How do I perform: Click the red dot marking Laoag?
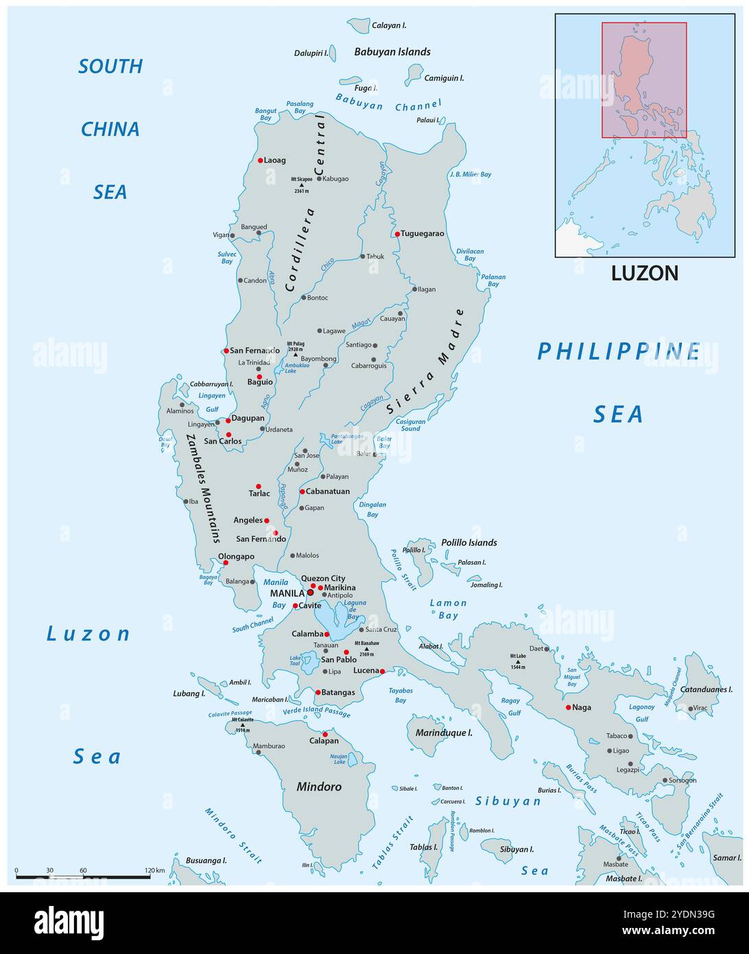tap(261, 161)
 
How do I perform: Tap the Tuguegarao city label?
tap(423, 233)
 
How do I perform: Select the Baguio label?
tap(260, 382)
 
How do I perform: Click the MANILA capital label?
tap(287, 592)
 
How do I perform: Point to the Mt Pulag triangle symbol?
tap(296, 354)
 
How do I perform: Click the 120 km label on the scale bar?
tap(155, 870)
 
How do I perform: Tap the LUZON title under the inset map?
tap(644, 273)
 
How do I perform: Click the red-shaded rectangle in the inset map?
tap(644, 80)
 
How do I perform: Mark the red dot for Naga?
tap(568, 707)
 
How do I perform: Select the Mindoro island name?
tap(319, 787)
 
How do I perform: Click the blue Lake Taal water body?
tap(309, 664)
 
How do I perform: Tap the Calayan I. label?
tap(389, 25)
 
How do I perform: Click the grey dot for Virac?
tap(690, 708)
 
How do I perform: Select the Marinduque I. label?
tap(444, 733)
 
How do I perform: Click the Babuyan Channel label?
tap(388, 104)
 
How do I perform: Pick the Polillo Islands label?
tap(469, 542)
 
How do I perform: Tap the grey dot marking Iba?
tap(185, 501)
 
